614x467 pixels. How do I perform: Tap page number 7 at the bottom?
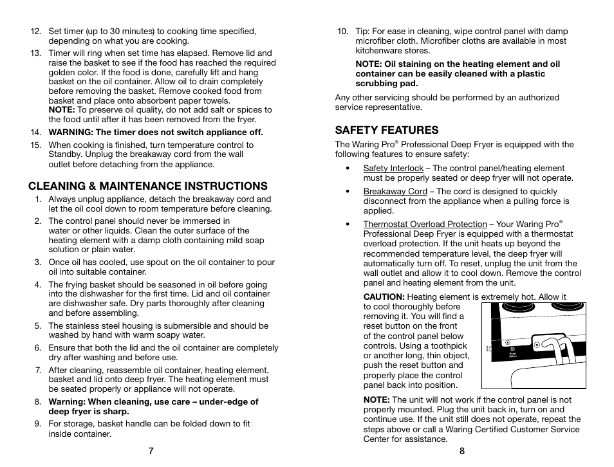(x=151, y=451)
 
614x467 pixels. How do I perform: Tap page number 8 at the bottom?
(x=461, y=451)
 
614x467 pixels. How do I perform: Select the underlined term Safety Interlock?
(x=393, y=169)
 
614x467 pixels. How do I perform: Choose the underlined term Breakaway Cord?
(x=395, y=192)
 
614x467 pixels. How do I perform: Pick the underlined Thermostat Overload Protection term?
(x=425, y=224)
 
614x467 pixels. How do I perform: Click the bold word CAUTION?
(x=384, y=297)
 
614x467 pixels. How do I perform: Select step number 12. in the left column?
(x=36, y=31)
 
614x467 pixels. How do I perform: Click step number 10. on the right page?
(x=343, y=31)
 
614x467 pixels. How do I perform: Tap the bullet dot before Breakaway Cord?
(x=348, y=192)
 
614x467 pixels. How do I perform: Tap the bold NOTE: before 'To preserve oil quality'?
(x=62, y=110)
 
